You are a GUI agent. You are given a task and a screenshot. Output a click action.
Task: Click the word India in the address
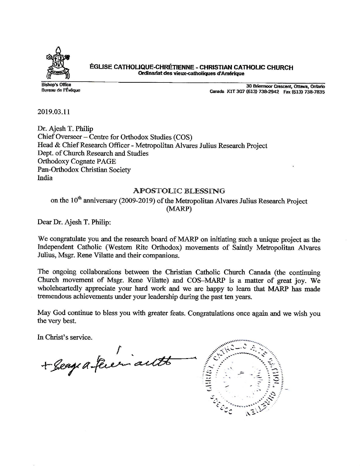[45, 178]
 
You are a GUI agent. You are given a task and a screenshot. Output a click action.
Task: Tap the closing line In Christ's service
[65, 337]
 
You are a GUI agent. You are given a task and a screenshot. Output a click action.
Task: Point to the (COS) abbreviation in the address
[183, 137]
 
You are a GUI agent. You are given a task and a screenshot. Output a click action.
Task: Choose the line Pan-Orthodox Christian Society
[84, 170]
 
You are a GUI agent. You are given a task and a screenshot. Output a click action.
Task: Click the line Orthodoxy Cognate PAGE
[77, 162]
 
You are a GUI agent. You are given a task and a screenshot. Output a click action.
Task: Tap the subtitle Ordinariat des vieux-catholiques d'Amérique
[191, 73]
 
